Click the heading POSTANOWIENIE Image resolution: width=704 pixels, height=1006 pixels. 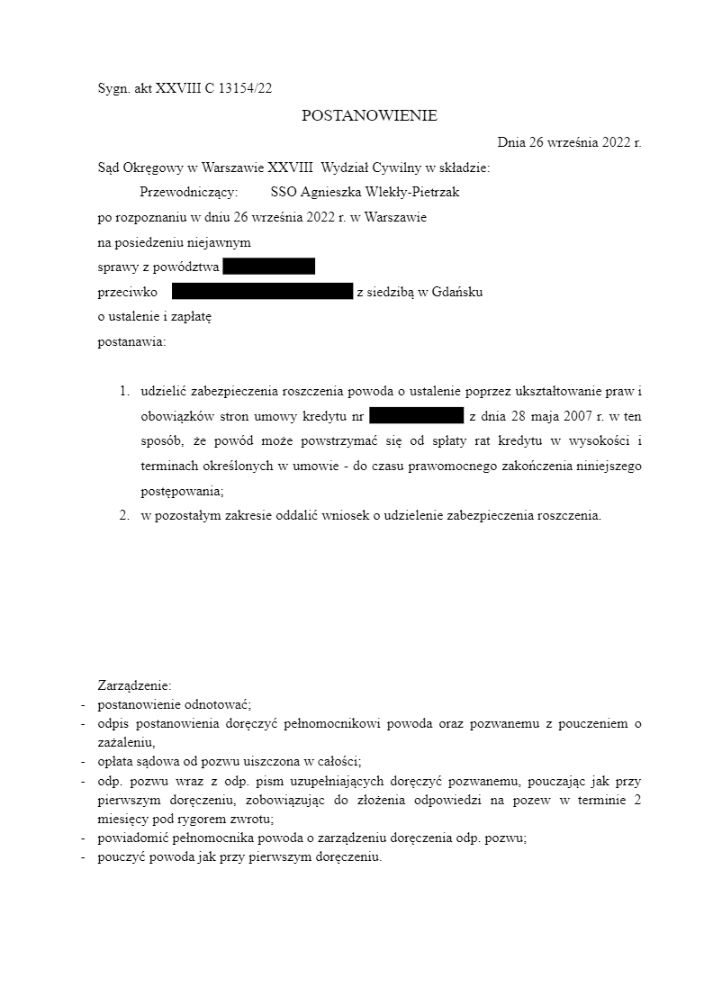coord(369,115)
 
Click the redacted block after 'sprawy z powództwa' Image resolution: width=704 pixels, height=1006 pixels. coord(268,266)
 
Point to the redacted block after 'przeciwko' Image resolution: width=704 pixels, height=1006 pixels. coord(261,291)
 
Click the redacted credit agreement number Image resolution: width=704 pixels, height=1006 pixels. coord(416,416)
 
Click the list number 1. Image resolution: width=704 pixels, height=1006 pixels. coord(124,392)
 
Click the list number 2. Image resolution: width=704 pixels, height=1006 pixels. coord(124,516)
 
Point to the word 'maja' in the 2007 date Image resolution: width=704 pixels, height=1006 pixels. coord(533,417)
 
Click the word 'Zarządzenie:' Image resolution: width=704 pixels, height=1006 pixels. coord(134,685)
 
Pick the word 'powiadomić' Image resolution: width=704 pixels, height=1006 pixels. coord(129,838)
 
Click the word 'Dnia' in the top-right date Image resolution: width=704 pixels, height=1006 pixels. coord(511,141)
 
